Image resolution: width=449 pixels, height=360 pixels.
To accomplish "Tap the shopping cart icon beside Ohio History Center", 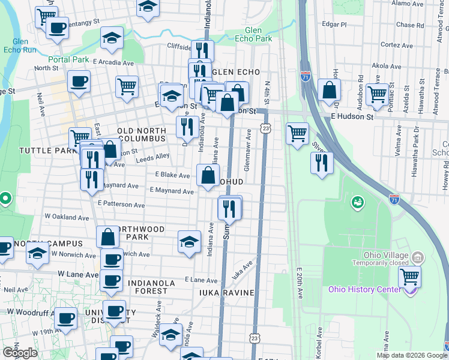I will pos(409,277).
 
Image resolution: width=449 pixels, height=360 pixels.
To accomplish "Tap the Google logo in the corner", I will pos(20,353).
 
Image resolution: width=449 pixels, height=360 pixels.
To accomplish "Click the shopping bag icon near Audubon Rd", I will pos(329,91).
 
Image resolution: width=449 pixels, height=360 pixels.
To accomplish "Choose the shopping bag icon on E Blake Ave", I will pos(208,176).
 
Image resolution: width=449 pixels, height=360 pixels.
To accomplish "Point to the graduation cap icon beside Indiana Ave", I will pos(189,242).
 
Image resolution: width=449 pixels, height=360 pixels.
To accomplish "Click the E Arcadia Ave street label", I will pos(112,62).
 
